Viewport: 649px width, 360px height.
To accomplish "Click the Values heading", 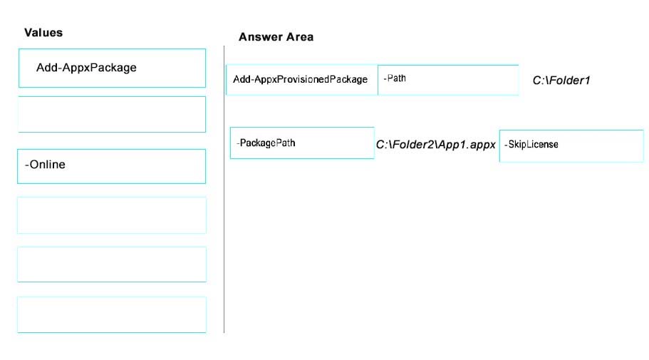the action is point(43,33).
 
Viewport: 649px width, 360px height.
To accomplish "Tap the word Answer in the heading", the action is point(260,37).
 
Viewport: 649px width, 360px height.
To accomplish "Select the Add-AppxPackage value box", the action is point(112,68).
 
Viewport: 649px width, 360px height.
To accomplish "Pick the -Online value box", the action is point(112,166).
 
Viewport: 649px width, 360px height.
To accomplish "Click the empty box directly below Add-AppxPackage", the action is point(112,114).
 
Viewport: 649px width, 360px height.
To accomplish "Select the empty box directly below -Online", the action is point(112,215).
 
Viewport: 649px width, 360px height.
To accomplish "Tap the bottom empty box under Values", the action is point(112,314).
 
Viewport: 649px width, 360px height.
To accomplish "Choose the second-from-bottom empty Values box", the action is point(112,264).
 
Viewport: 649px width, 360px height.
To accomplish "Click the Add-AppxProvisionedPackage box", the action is point(302,80).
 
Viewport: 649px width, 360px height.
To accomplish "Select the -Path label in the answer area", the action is point(395,78).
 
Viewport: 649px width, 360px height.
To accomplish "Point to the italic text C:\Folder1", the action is point(561,81).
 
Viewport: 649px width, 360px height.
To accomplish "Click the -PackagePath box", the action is point(302,143).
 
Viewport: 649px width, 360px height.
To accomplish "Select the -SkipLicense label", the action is point(531,145).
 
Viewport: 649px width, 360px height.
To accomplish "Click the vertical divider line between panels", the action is point(224,190).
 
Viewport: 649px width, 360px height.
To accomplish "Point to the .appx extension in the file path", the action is point(481,145).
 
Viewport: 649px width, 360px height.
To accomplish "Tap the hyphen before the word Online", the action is point(26,165).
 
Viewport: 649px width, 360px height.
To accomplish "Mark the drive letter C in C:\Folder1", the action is point(537,81).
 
